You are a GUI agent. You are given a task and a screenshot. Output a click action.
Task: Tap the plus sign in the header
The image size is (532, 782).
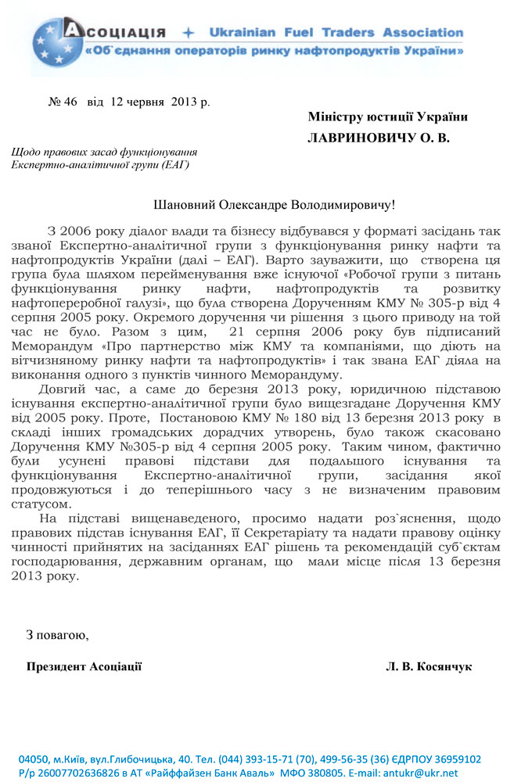(x=188, y=33)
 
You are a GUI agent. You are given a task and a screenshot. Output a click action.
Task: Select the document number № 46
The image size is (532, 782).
(x=63, y=102)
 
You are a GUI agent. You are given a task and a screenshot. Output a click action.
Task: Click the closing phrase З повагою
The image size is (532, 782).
(x=57, y=634)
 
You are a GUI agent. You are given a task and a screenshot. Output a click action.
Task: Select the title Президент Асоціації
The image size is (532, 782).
(x=84, y=667)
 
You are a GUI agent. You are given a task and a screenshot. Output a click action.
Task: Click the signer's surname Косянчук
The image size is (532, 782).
(x=443, y=667)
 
